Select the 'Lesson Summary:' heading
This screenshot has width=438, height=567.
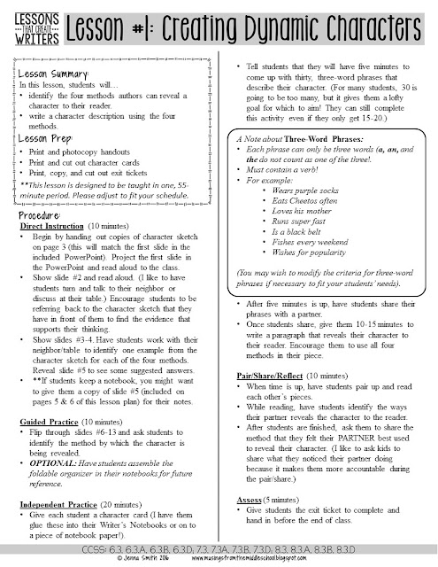[55, 71]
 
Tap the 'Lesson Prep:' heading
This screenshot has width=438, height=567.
[46, 138]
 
